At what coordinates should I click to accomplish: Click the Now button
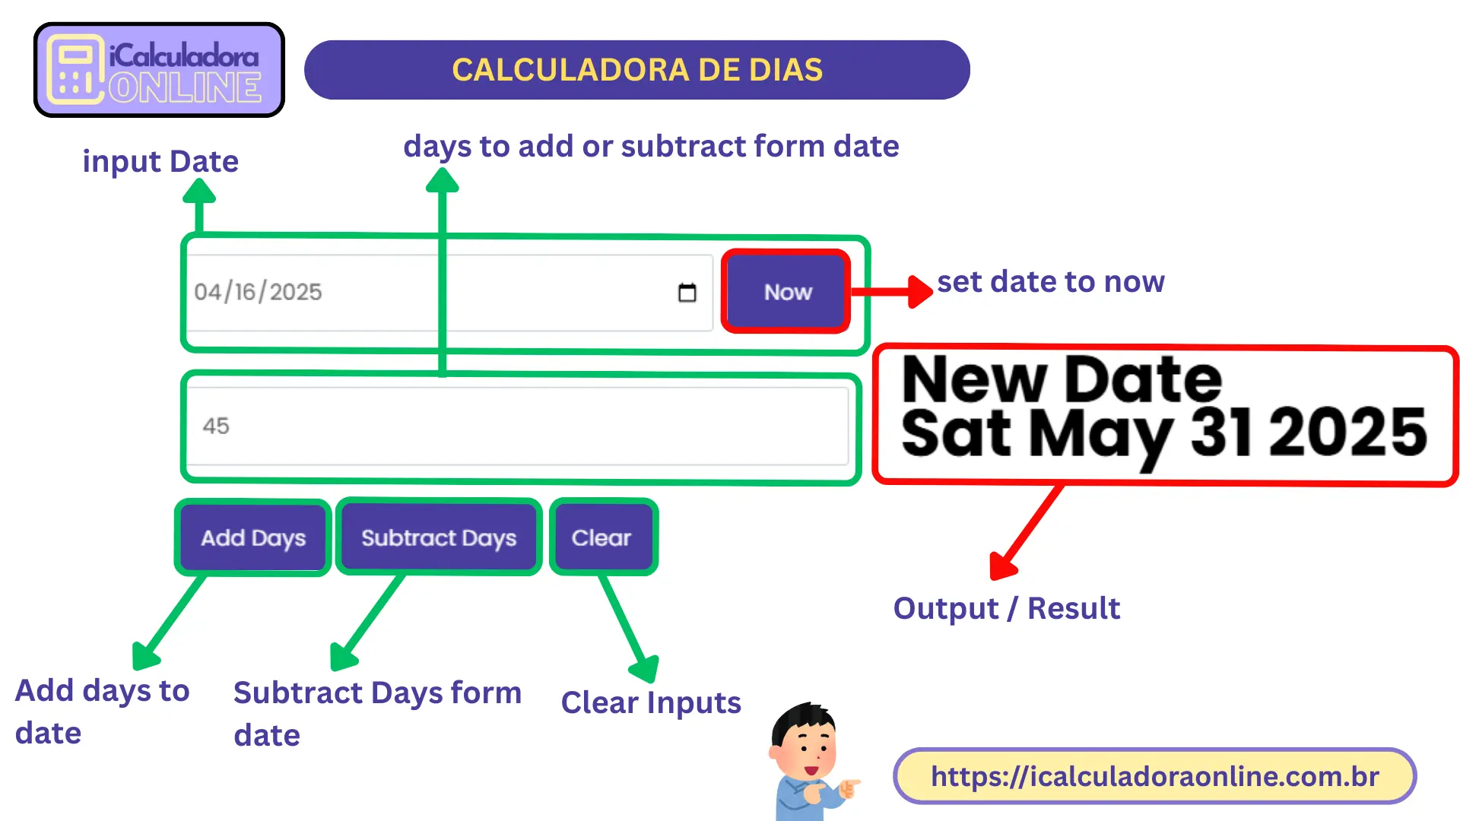(x=786, y=292)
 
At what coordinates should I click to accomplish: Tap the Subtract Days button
(x=439, y=537)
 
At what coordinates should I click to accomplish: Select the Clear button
(x=601, y=537)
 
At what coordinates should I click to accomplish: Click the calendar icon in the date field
(x=687, y=293)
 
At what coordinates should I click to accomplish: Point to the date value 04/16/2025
(x=259, y=292)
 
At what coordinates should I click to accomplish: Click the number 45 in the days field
(x=216, y=426)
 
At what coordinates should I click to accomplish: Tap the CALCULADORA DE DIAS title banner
(x=637, y=70)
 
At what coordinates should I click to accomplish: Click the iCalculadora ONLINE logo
(x=159, y=70)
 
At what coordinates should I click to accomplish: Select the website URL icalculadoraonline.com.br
(x=1154, y=776)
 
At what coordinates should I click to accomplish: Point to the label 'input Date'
(x=160, y=161)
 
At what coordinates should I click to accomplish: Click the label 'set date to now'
(x=1050, y=282)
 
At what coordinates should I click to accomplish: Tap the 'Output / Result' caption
(x=1006, y=608)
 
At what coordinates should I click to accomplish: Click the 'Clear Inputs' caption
(x=651, y=702)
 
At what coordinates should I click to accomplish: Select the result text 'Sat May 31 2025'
(x=1163, y=433)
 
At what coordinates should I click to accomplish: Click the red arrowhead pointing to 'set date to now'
(x=920, y=292)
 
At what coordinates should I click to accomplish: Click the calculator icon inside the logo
(x=75, y=70)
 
